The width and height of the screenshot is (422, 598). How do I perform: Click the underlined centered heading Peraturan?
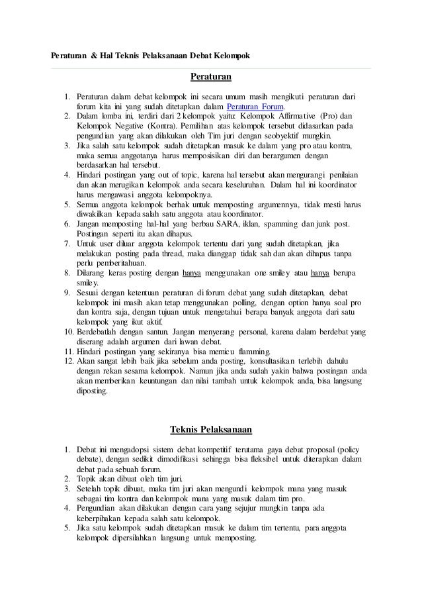click(x=211, y=77)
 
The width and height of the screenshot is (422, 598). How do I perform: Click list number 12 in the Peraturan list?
click(x=67, y=362)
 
